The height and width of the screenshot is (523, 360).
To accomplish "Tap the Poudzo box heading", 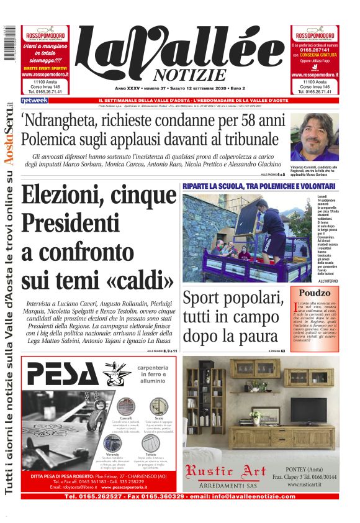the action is pos(314,293).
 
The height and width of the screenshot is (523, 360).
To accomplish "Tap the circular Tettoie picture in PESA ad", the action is pos(151,442).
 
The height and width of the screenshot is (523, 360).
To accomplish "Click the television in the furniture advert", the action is pos(308,409).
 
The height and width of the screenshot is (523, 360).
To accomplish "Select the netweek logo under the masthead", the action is pos(34,100).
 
